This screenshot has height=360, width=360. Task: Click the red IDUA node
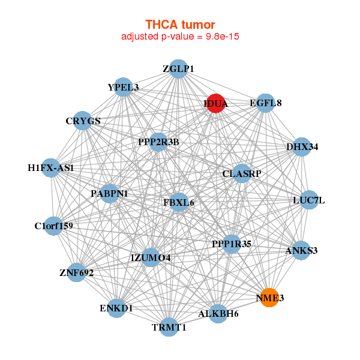[x=215, y=103]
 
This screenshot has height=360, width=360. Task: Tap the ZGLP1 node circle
[x=178, y=69]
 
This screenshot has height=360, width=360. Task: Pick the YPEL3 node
[x=123, y=88]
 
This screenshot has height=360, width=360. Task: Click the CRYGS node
[x=83, y=121]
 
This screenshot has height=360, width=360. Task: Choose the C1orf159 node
[x=53, y=226]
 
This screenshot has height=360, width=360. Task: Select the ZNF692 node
[x=76, y=272]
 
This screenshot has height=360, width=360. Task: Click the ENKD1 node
[x=116, y=308]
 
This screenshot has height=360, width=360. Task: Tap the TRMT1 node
[x=170, y=327]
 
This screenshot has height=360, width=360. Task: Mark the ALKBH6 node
[x=218, y=313]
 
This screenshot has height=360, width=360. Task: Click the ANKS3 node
[x=301, y=250]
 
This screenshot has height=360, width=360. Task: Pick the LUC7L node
[x=308, y=200]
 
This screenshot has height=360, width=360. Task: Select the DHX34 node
[x=302, y=146]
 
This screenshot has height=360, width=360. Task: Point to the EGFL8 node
[x=265, y=103]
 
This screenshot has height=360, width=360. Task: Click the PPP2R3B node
[x=158, y=142]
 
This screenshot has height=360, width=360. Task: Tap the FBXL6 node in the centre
[x=179, y=203]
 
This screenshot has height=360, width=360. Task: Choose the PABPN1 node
[x=110, y=194]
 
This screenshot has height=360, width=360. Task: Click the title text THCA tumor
[x=180, y=25]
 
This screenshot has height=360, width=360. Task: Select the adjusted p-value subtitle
[x=180, y=37]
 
